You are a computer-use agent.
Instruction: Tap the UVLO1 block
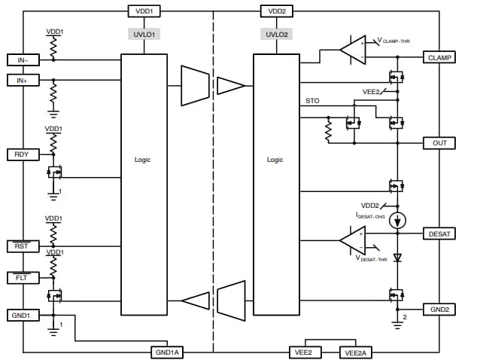coord(144,35)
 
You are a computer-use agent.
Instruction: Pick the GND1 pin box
coord(20,314)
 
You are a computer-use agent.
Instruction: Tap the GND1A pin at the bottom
coord(168,352)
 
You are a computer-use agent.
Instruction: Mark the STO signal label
coord(313,100)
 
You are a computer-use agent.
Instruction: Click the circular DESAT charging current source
coord(399,221)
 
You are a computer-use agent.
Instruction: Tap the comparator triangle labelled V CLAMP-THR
coord(352,50)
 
